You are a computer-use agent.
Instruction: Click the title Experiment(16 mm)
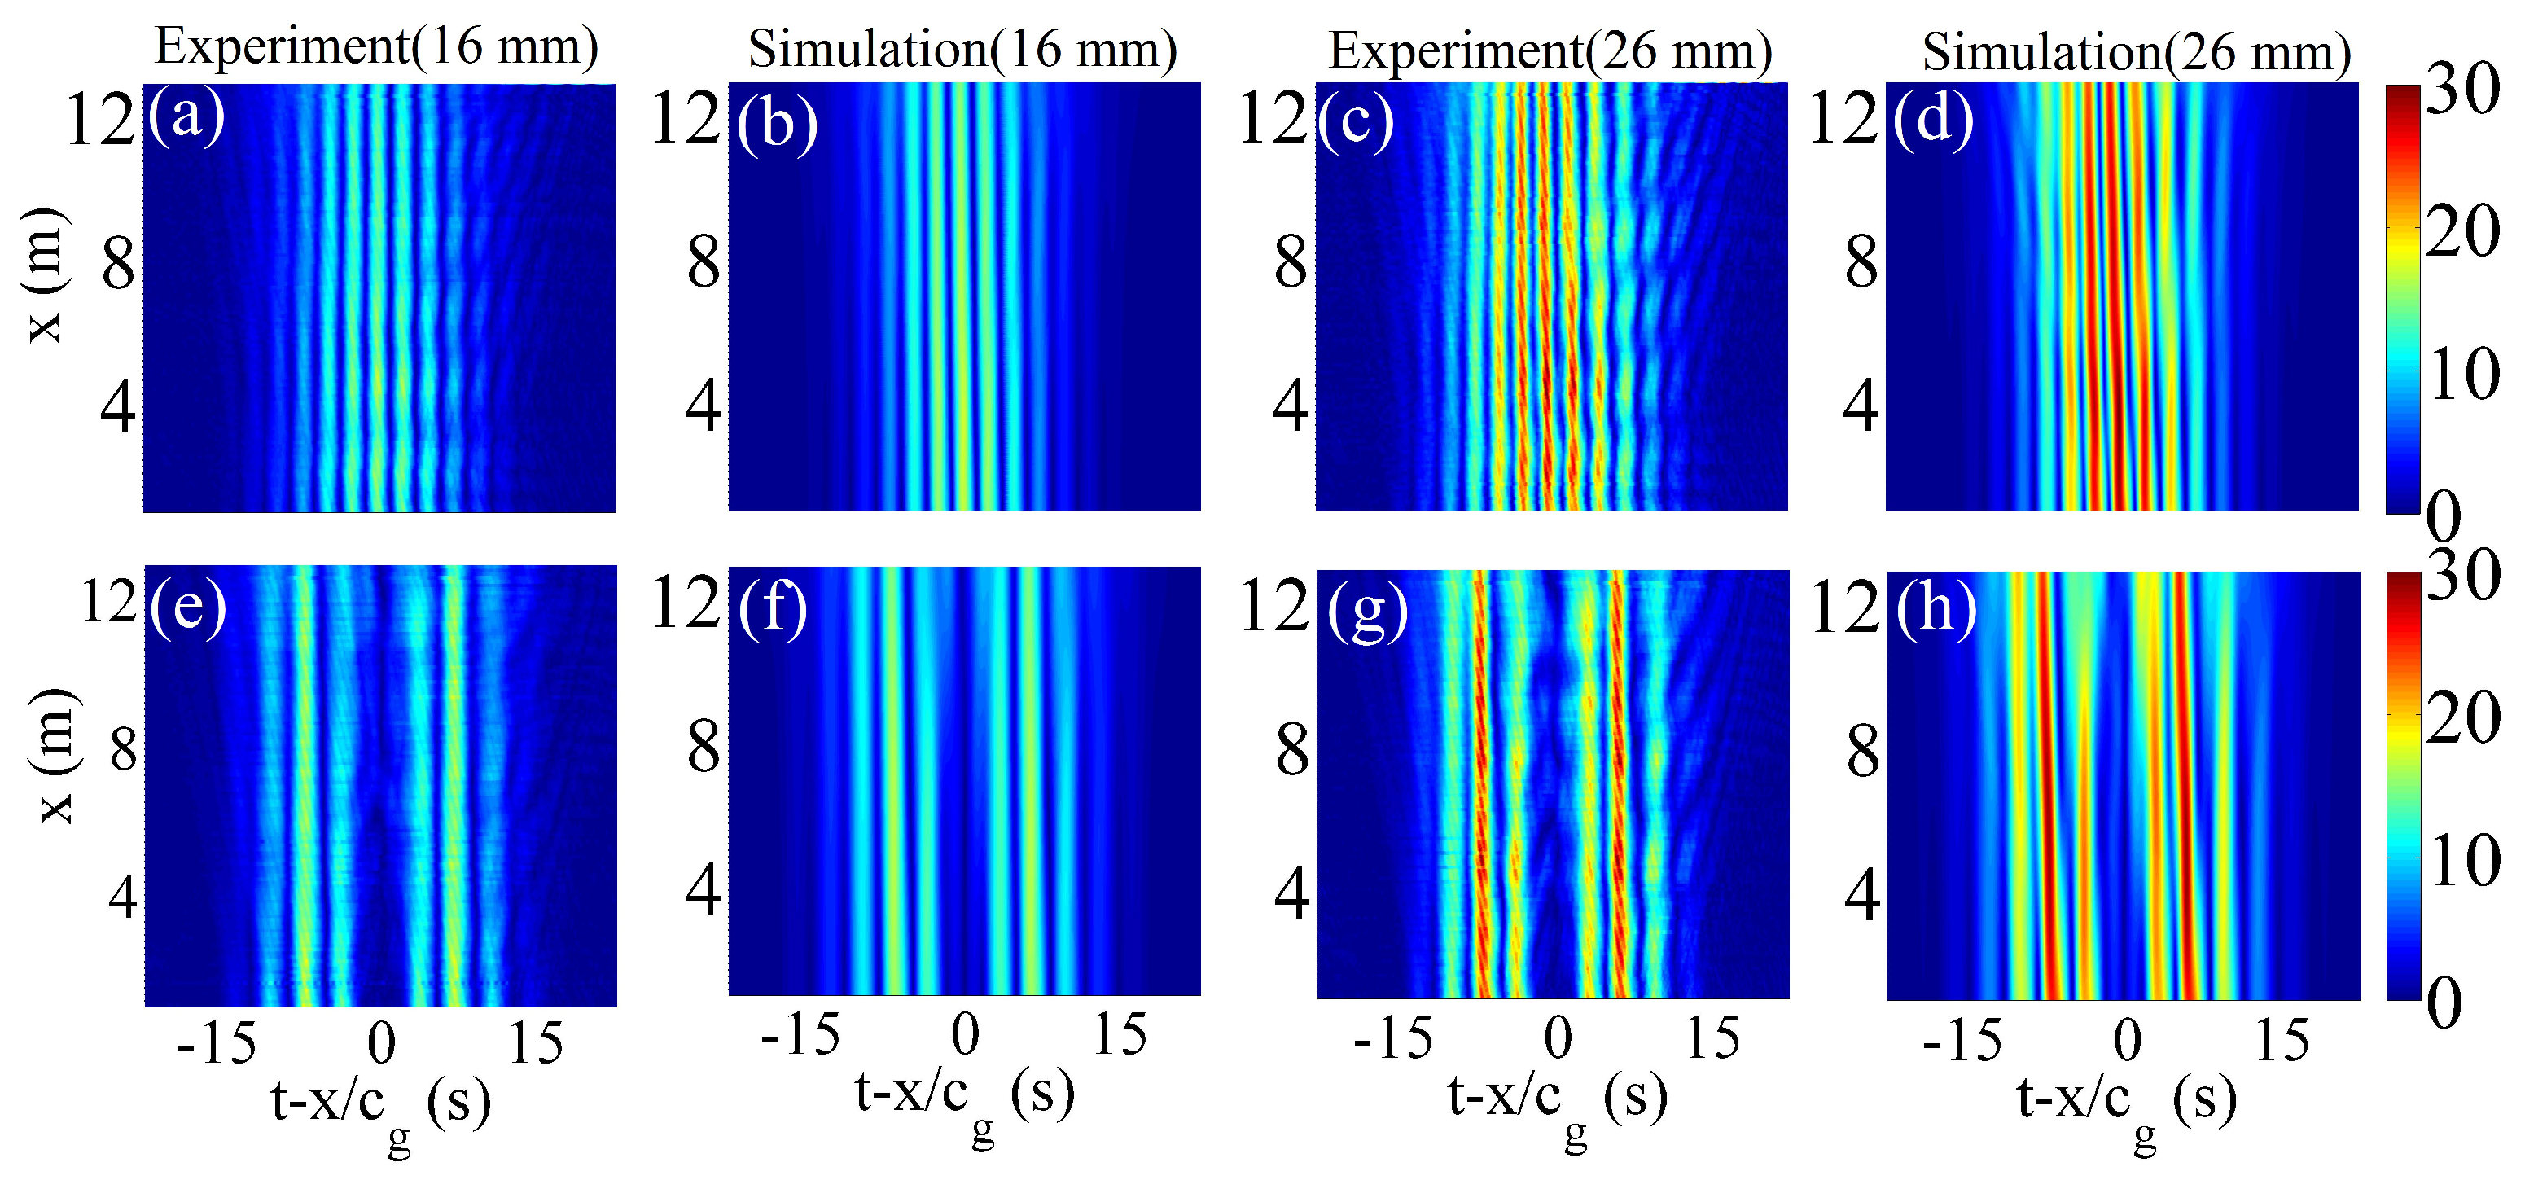point(376,46)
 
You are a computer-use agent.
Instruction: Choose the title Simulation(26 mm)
point(2137,51)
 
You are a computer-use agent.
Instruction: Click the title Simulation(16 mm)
point(962,48)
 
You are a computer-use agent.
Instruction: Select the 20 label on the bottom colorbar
point(2462,719)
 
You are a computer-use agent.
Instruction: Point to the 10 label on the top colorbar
point(2462,375)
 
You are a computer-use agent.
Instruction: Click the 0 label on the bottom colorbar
point(2444,1002)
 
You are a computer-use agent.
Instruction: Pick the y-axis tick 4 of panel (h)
point(1861,895)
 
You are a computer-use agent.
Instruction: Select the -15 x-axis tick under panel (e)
point(217,1043)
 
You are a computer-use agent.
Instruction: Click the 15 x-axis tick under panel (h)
point(2282,1041)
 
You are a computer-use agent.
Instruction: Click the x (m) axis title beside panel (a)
point(44,275)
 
